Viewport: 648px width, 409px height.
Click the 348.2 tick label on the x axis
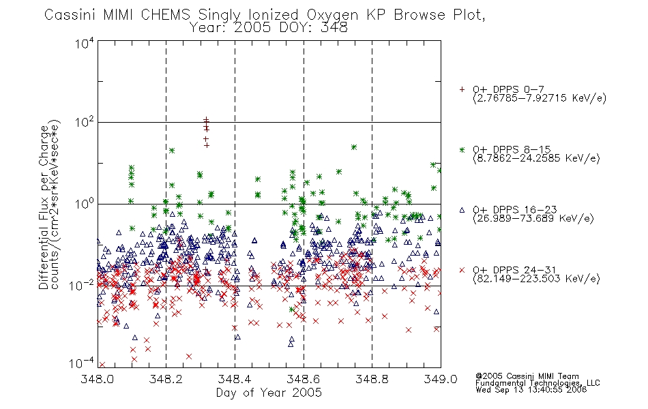[166, 379]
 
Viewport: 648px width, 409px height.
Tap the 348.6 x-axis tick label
[304, 379]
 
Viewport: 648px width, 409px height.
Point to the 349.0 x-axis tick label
[441, 379]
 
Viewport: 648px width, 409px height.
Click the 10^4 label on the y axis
[85, 43]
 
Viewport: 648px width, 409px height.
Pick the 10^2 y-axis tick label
[85, 123]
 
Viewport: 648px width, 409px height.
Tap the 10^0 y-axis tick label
[85, 204]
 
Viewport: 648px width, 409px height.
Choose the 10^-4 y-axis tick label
[81, 363]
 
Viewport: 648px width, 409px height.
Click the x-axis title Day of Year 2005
[269, 393]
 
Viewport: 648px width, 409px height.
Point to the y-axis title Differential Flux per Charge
[44, 207]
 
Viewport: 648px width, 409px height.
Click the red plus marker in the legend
[462, 89]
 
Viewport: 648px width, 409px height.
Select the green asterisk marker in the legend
[462, 150]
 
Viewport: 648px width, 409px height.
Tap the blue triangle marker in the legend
[462, 210]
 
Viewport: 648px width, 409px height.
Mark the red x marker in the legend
[462, 270]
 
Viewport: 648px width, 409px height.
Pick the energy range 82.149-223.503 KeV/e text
[536, 279]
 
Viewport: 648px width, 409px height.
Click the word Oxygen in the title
[332, 15]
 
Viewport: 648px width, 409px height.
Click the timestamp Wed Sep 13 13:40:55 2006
[531, 390]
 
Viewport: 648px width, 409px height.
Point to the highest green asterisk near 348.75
[354, 147]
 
